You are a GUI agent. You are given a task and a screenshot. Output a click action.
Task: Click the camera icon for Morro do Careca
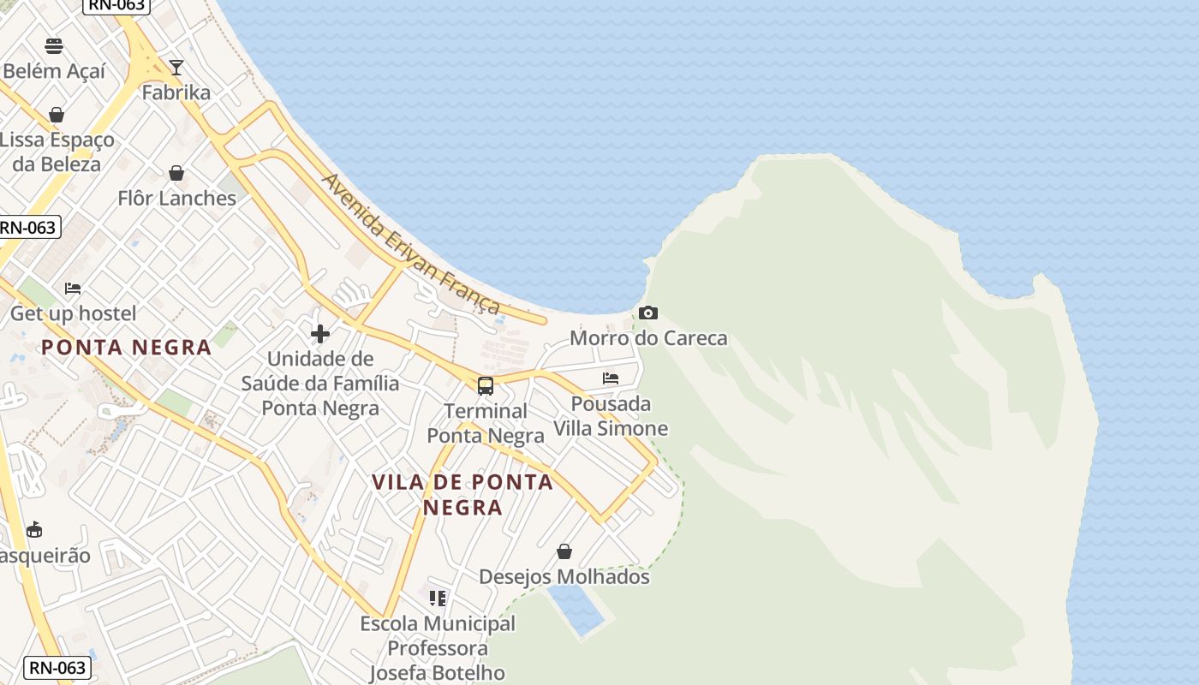[x=648, y=313]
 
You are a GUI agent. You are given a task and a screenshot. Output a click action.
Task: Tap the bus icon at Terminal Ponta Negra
[x=486, y=386]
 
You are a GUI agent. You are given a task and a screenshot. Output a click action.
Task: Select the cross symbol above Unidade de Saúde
[x=320, y=334]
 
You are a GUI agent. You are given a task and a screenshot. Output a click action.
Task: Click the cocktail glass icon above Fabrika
[x=176, y=68]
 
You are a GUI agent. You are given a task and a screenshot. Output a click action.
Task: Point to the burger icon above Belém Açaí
[x=54, y=46]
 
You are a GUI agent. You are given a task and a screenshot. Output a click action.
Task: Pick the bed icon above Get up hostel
[x=73, y=289]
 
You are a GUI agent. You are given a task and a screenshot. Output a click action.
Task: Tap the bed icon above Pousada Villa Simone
[x=611, y=378]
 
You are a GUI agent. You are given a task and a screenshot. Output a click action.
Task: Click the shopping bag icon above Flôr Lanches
[x=176, y=174]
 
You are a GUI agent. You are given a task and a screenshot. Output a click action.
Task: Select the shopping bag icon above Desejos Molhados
[x=564, y=551]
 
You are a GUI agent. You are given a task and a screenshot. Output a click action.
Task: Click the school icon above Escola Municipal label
[x=438, y=598]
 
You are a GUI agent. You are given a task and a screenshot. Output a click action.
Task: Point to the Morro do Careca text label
[x=648, y=338]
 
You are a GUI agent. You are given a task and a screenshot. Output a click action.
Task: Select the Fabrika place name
[x=176, y=92]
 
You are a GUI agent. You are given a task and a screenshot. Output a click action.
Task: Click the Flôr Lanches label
[x=176, y=199]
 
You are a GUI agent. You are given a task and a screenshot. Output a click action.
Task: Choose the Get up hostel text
[x=73, y=313]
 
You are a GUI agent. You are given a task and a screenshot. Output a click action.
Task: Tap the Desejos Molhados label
[x=564, y=577]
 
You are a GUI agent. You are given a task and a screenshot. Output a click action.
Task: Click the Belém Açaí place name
[x=54, y=71]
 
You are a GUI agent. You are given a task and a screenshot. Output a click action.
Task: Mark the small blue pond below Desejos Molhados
[x=576, y=609]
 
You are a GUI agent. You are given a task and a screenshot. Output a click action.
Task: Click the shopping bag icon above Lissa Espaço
[x=57, y=115]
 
